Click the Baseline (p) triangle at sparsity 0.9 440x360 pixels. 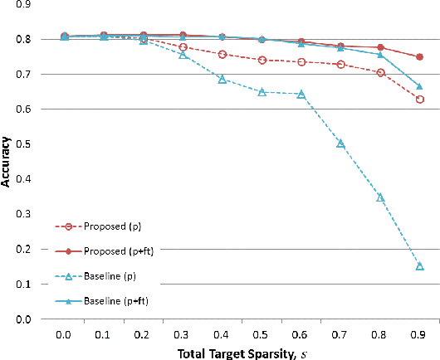[x=419, y=266]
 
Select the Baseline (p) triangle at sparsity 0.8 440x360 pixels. [x=380, y=197]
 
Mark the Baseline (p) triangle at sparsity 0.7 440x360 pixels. [x=340, y=144]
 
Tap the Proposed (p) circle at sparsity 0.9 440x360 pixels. [x=419, y=100]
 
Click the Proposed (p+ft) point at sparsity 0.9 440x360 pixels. [x=419, y=57]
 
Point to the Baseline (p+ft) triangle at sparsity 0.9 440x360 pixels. [x=419, y=86]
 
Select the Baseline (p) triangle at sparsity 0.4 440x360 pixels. [x=222, y=79]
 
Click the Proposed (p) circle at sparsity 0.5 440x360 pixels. [x=262, y=61]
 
